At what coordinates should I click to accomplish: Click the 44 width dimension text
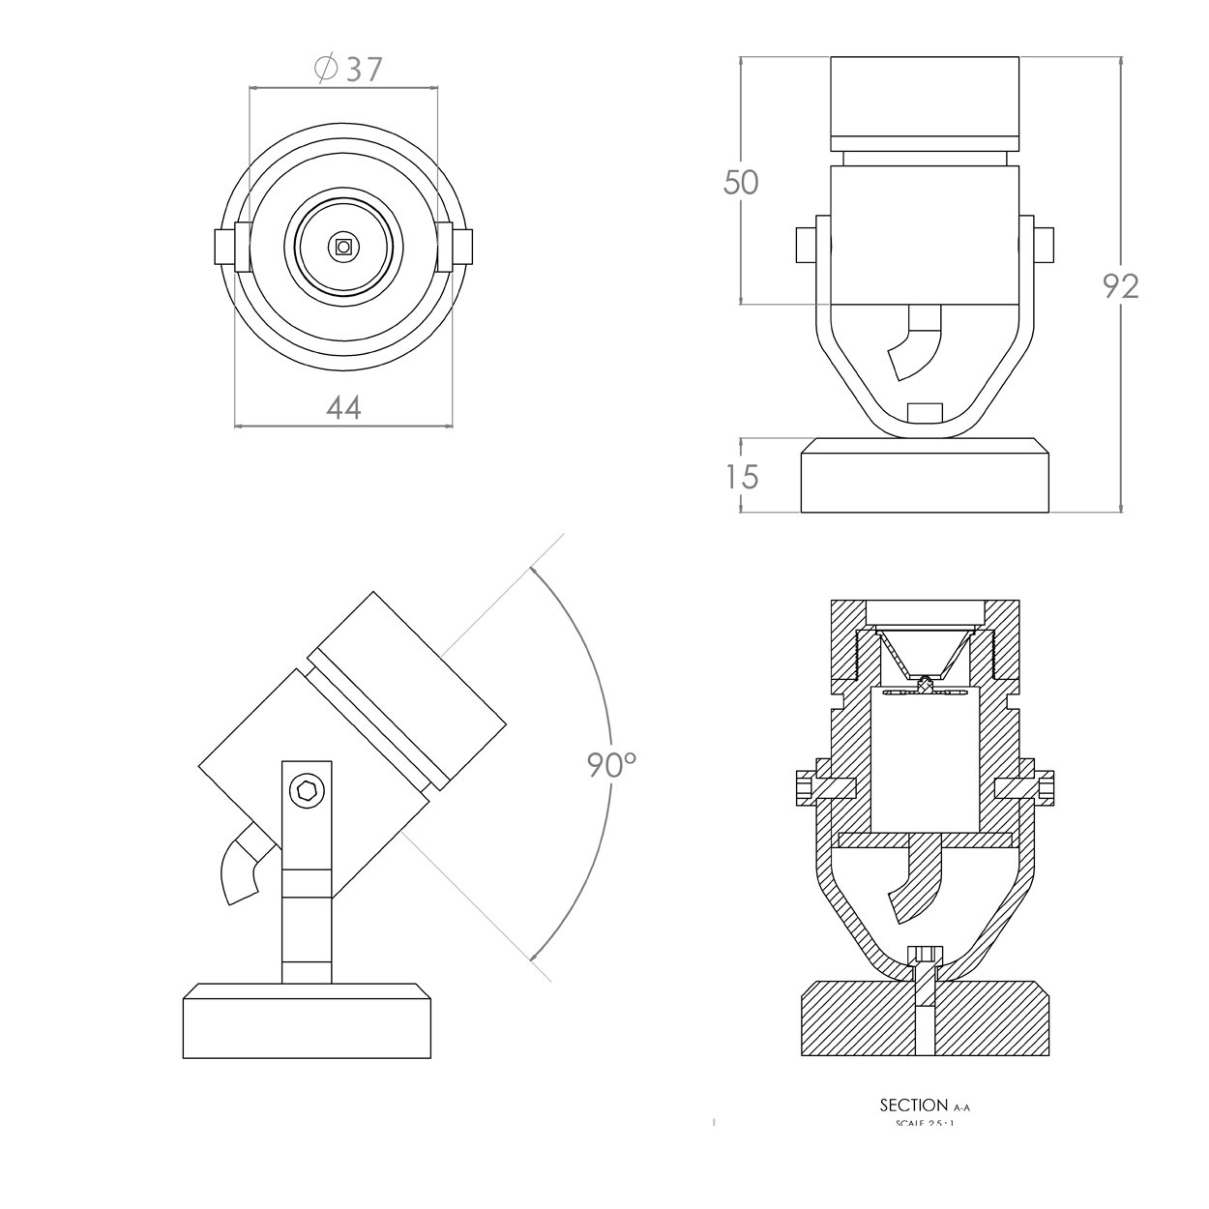(x=343, y=408)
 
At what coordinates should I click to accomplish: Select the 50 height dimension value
(x=742, y=182)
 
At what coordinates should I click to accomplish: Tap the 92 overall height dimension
(x=1121, y=285)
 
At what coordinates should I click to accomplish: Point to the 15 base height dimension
(x=742, y=477)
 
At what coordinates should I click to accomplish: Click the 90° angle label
(x=611, y=765)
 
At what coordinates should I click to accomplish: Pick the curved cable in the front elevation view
(x=916, y=344)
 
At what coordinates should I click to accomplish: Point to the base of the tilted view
(x=307, y=1023)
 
